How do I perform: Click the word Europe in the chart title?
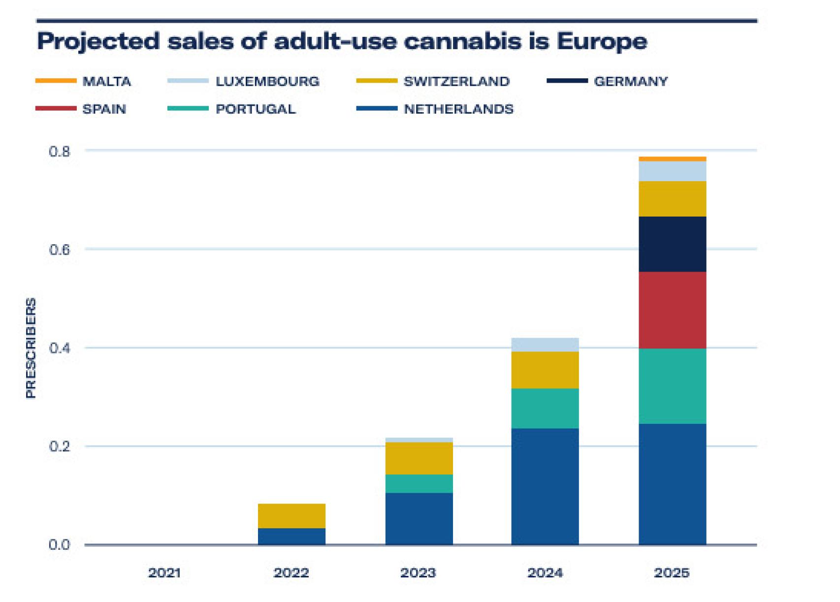click(602, 41)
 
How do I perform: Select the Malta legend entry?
click(106, 81)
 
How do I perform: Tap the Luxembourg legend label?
click(267, 81)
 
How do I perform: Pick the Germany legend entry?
click(631, 81)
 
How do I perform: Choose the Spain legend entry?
click(104, 109)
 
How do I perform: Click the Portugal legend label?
click(256, 109)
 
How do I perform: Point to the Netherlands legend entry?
click(458, 109)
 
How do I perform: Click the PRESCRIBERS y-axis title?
click(31, 348)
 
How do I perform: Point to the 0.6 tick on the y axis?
click(60, 250)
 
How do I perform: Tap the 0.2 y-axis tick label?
click(60, 446)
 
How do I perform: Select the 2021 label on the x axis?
click(164, 572)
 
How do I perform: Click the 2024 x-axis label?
click(545, 572)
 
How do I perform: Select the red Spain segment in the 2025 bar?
click(672, 310)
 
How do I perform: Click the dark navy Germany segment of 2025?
click(672, 244)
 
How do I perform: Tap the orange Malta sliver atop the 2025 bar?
click(672, 159)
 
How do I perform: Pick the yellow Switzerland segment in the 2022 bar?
click(291, 516)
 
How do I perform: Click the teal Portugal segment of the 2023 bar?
click(419, 483)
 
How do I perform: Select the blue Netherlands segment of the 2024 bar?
click(545, 486)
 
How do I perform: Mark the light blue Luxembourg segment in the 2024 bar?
click(545, 345)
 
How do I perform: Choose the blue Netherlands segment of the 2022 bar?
click(291, 537)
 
